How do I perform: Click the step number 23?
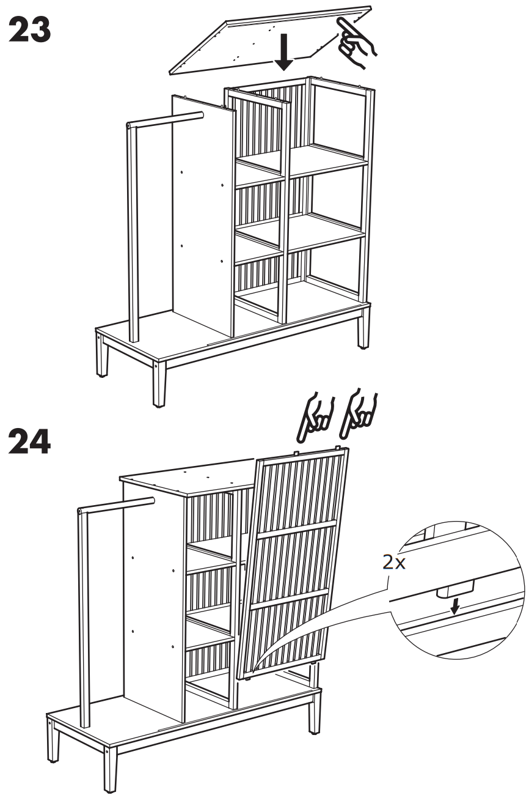point(29,29)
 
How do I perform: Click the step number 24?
point(29,441)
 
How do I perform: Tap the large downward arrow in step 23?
point(283,52)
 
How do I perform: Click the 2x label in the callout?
point(394,563)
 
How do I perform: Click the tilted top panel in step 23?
point(271,41)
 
